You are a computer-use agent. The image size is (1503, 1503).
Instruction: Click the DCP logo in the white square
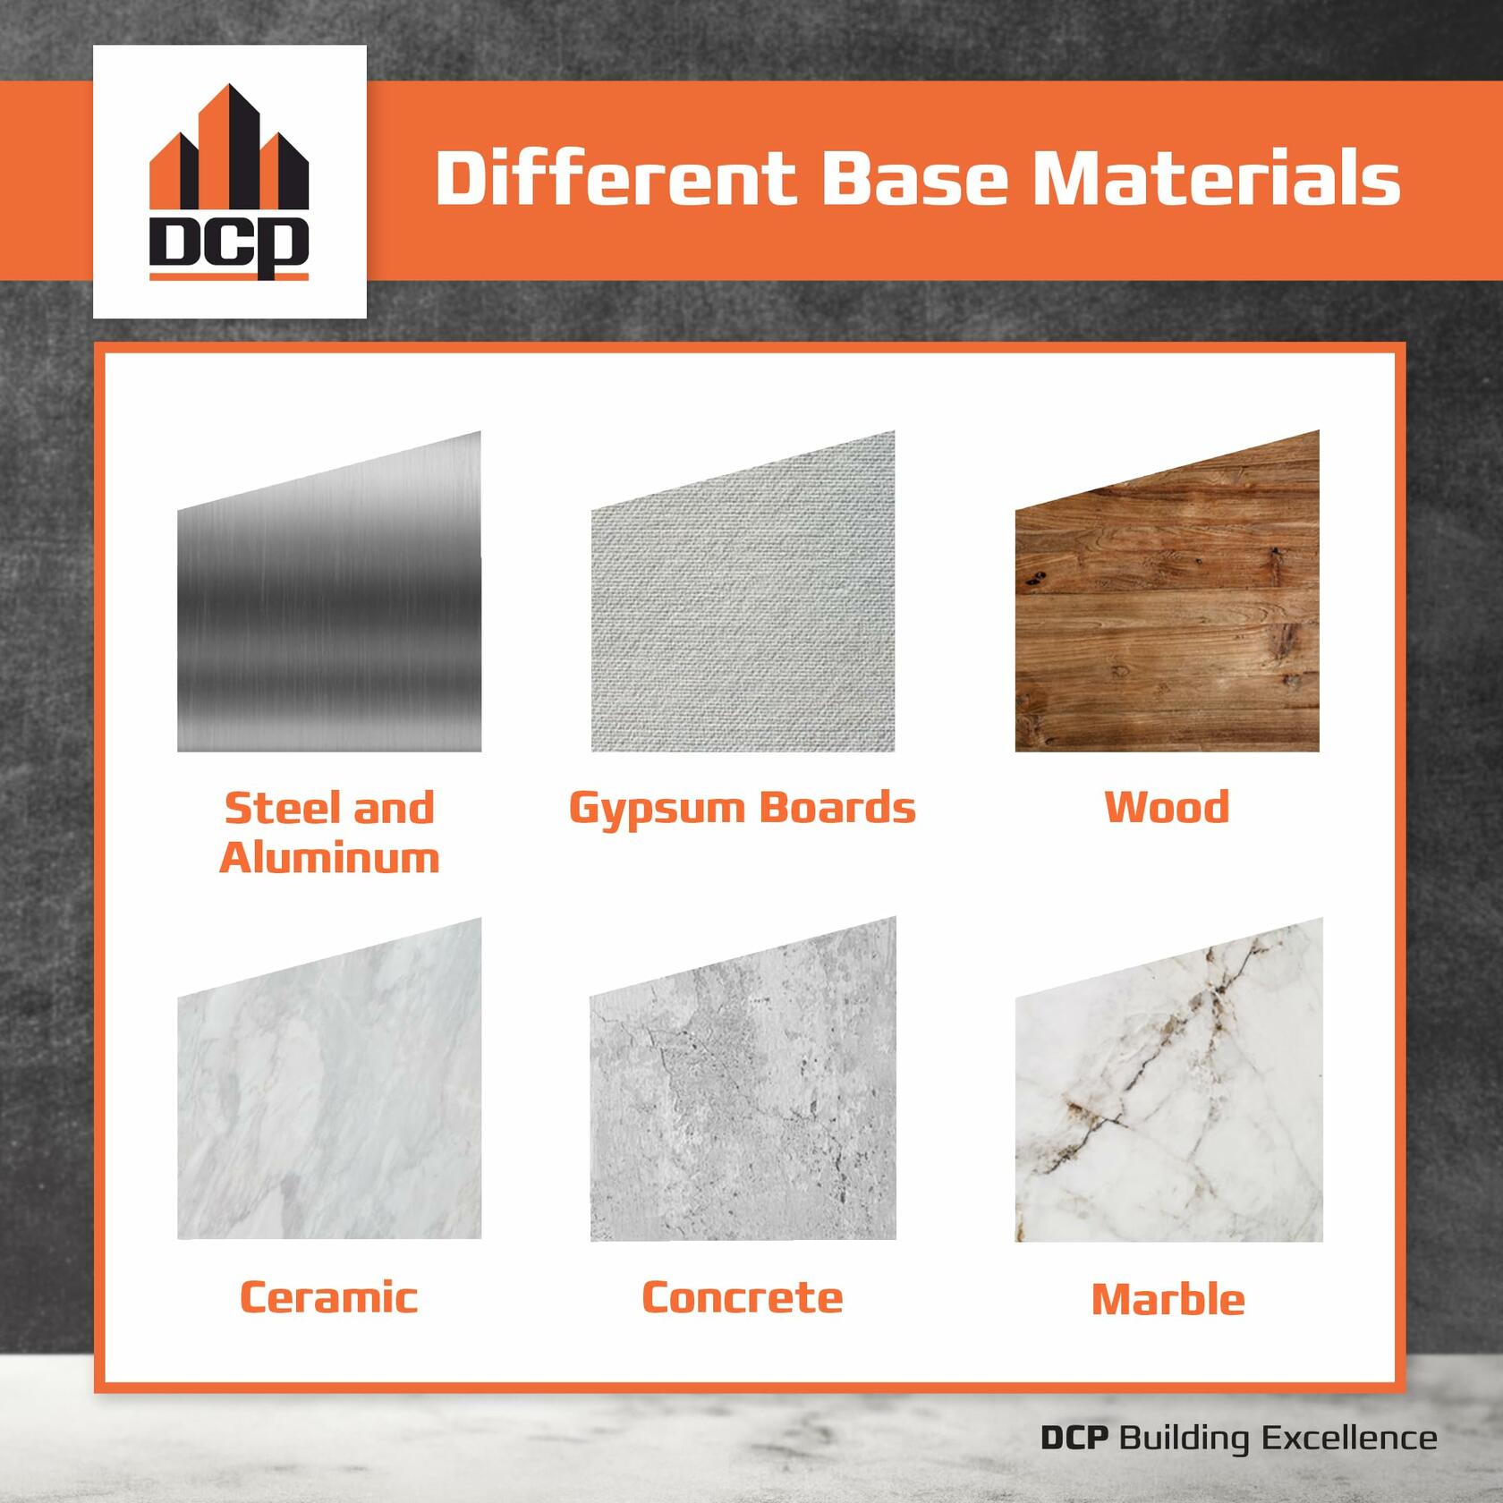[229, 182]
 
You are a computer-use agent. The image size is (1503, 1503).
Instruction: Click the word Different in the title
[616, 177]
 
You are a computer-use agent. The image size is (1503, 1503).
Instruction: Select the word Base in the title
[913, 177]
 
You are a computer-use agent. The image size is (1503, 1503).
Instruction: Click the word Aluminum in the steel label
[329, 858]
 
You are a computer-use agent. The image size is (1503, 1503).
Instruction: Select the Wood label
[1167, 807]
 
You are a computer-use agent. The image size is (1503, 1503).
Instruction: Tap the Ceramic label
[329, 1297]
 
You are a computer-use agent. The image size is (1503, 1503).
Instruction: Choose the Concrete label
[743, 1297]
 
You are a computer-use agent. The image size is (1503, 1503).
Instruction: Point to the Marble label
[1168, 1299]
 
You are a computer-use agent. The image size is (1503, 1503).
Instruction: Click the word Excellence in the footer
[1349, 1438]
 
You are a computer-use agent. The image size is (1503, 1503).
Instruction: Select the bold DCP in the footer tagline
[1074, 1438]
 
